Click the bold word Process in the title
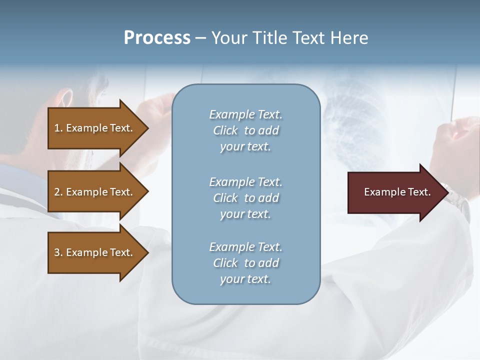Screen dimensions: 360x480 pos(157,38)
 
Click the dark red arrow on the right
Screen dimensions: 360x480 pos(395,192)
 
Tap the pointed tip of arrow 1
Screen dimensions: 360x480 pos(147,128)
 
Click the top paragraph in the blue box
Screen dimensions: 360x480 pos(245,130)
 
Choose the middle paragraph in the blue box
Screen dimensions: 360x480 pos(245,197)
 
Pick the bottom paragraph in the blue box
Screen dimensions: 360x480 pos(245,263)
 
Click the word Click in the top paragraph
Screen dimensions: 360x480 pos(225,130)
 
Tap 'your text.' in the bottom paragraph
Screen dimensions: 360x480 pos(245,279)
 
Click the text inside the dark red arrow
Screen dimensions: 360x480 pos(397,192)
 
